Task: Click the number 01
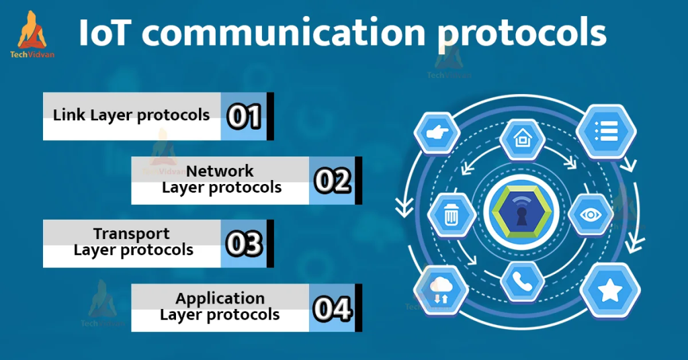(x=244, y=116)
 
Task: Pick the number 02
(x=333, y=181)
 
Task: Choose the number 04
(x=333, y=308)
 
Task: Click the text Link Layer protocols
(x=132, y=115)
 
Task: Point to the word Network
(x=220, y=171)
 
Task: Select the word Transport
(x=132, y=234)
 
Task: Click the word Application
(x=220, y=298)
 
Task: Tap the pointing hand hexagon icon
(x=437, y=132)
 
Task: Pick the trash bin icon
(x=451, y=215)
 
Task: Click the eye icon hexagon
(x=591, y=215)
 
